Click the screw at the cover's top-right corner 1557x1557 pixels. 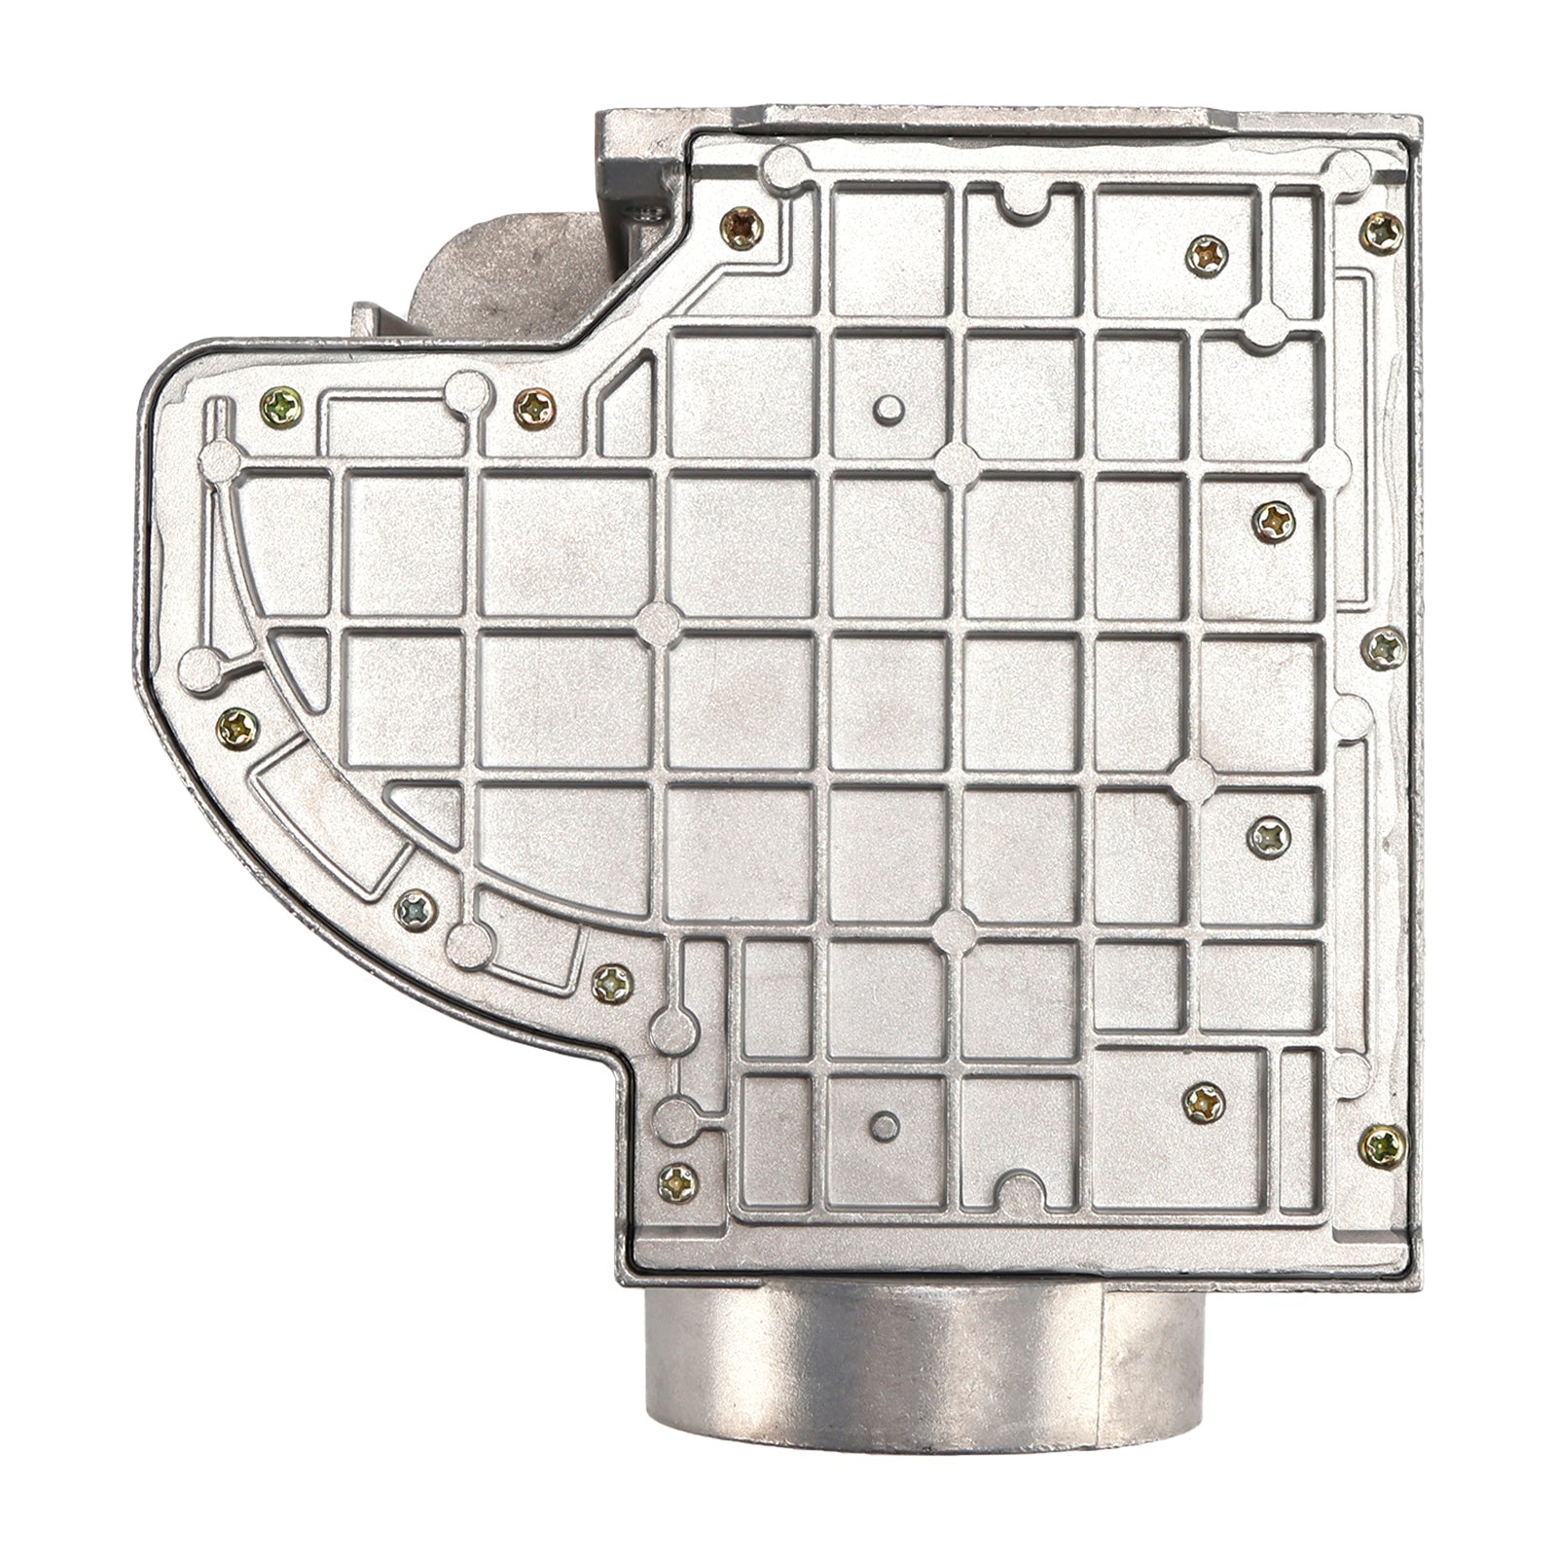pyautogui.click(x=1383, y=230)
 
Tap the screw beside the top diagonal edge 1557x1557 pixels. pyautogui.click(x=744, y=228)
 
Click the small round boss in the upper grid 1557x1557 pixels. pyautogui.click(x=887, y=409)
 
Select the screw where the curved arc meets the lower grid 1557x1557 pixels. pyautogui.click(x=612, y=984)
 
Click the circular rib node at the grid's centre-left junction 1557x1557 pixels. pyautogui.click(x=660, y=618)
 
